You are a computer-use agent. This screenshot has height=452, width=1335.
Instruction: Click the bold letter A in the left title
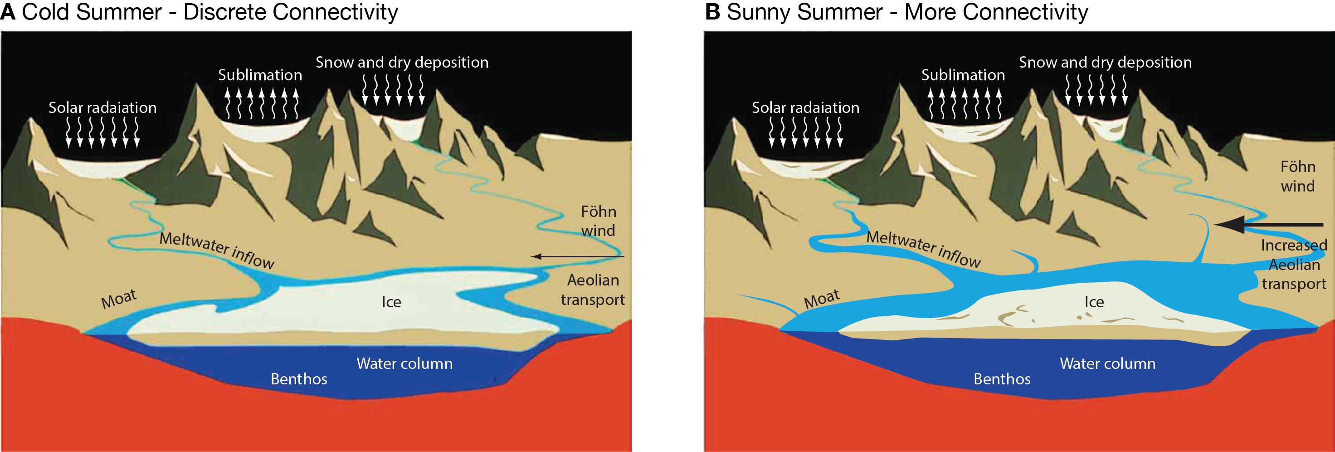(8, 12)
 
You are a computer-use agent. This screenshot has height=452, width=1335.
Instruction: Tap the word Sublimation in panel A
(260, 75)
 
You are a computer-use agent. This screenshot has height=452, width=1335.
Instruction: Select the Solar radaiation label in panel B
(805, 108)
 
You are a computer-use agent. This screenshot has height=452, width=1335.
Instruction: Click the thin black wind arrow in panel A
(578, 256)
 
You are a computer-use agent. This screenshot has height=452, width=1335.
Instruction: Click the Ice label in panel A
(391, 302)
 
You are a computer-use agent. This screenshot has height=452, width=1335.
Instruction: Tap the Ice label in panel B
(1094, 302)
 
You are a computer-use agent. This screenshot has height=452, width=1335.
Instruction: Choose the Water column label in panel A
(404, 364)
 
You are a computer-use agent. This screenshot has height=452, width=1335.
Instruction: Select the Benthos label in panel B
(1002, 379)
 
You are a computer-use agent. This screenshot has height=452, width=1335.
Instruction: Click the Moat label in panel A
(119, 299)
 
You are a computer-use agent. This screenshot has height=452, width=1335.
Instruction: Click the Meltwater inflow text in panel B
(924, 249)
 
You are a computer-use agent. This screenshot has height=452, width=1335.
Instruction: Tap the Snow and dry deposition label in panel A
(402, 62)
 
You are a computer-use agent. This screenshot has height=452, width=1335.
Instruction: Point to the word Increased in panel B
(1294, 246)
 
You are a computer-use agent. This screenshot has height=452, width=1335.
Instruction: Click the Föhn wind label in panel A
(598, 221)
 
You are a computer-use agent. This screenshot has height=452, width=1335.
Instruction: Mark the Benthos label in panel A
(299, 379)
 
